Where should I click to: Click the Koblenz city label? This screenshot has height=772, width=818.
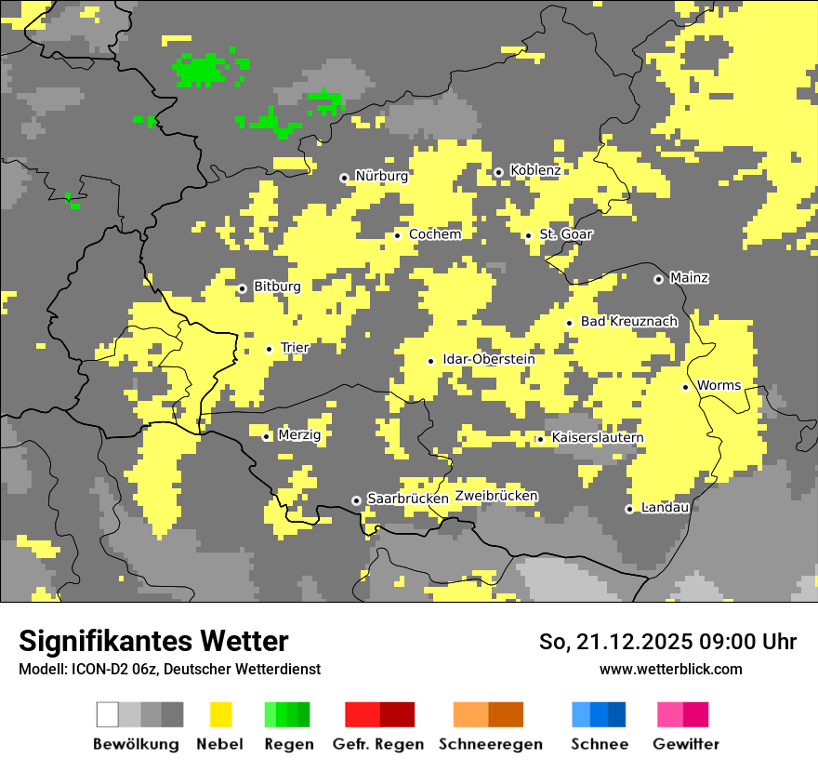535,170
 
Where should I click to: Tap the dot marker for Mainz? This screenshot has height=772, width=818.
658,279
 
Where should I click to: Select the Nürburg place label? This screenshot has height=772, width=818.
381,176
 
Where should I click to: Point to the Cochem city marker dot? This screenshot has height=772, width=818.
397,235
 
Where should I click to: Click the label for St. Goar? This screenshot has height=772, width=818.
566,234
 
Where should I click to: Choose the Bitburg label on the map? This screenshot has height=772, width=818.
277,286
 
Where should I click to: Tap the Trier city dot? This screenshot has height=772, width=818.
269,350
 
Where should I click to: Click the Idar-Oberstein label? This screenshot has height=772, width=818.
489,359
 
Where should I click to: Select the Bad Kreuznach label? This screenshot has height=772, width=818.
629,321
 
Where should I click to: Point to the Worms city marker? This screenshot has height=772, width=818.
685,387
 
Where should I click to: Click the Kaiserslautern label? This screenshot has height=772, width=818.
598,437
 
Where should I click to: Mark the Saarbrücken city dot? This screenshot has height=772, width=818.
356,500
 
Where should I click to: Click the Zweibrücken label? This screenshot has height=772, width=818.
496,496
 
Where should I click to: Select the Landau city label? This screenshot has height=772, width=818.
665,507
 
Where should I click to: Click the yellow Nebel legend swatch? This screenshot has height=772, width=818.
220,714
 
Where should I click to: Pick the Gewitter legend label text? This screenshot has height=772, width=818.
686,744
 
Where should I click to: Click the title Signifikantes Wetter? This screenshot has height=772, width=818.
153,641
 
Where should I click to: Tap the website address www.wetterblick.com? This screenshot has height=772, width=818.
670,669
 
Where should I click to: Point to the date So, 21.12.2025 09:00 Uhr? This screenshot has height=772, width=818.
667,642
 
